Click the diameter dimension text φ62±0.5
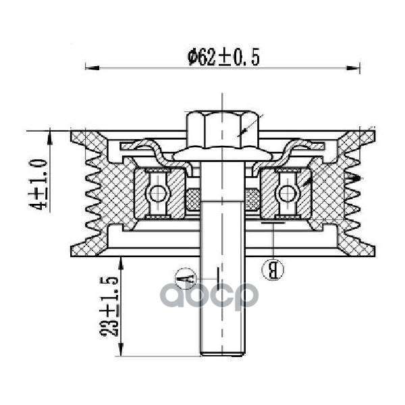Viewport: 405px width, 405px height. [223, 57]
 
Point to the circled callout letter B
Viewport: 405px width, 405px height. [273, 269]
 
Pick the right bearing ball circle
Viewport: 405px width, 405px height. [287, 194]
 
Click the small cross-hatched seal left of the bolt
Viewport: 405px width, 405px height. [193, 198]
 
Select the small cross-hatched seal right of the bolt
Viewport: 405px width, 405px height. [252, 198]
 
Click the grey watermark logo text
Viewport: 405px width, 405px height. [213, 295]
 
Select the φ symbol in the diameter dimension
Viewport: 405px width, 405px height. [192, 58]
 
